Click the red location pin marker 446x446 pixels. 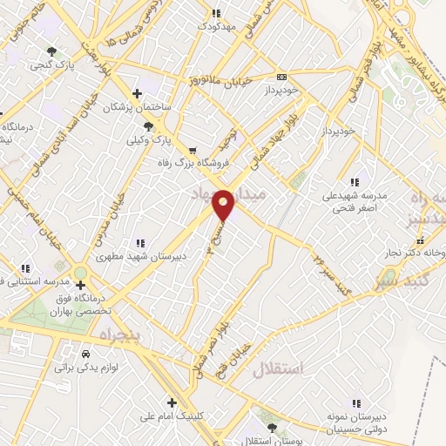click(x=224, y=205)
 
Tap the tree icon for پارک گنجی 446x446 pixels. click(x=52, y=51)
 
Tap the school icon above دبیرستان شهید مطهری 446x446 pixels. click(x=138, y=243)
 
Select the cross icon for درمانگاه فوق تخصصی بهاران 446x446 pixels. click(x=80, y=284)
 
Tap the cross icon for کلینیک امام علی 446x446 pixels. click(x=172, y=402)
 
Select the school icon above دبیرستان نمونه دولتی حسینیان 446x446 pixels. click(x=355, y=402)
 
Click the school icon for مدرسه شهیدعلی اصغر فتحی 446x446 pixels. click(x=354, y=182)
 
